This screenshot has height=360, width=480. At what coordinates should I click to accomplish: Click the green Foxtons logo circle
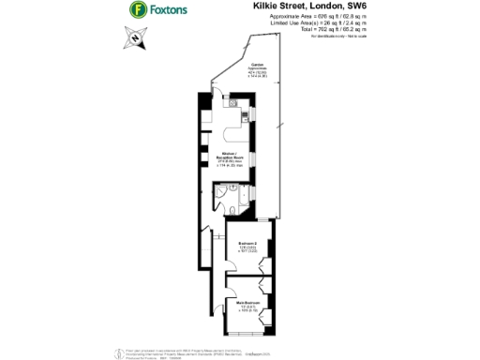pos(139,11)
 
